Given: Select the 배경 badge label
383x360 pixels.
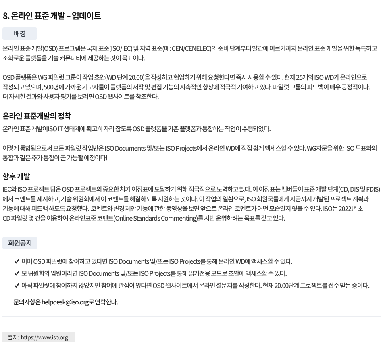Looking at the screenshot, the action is point(19,34).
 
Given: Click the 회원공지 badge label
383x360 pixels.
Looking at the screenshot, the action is point(20,243).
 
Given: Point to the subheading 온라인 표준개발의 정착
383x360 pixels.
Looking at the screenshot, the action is point(37,116).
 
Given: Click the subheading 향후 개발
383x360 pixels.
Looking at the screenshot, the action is point(17,176).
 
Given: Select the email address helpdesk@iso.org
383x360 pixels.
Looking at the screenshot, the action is point(65,302).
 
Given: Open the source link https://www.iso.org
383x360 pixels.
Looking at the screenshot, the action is point(44,337).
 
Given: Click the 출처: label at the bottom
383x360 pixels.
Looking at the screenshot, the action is point(13,337).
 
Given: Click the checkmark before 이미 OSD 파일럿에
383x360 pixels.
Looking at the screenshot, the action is point(17,262).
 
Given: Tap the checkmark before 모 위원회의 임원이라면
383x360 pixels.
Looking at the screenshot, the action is point(17,274).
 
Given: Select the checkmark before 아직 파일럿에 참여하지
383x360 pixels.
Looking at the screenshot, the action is point(17,286).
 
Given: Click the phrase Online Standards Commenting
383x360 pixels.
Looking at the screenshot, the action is point(155,218).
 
